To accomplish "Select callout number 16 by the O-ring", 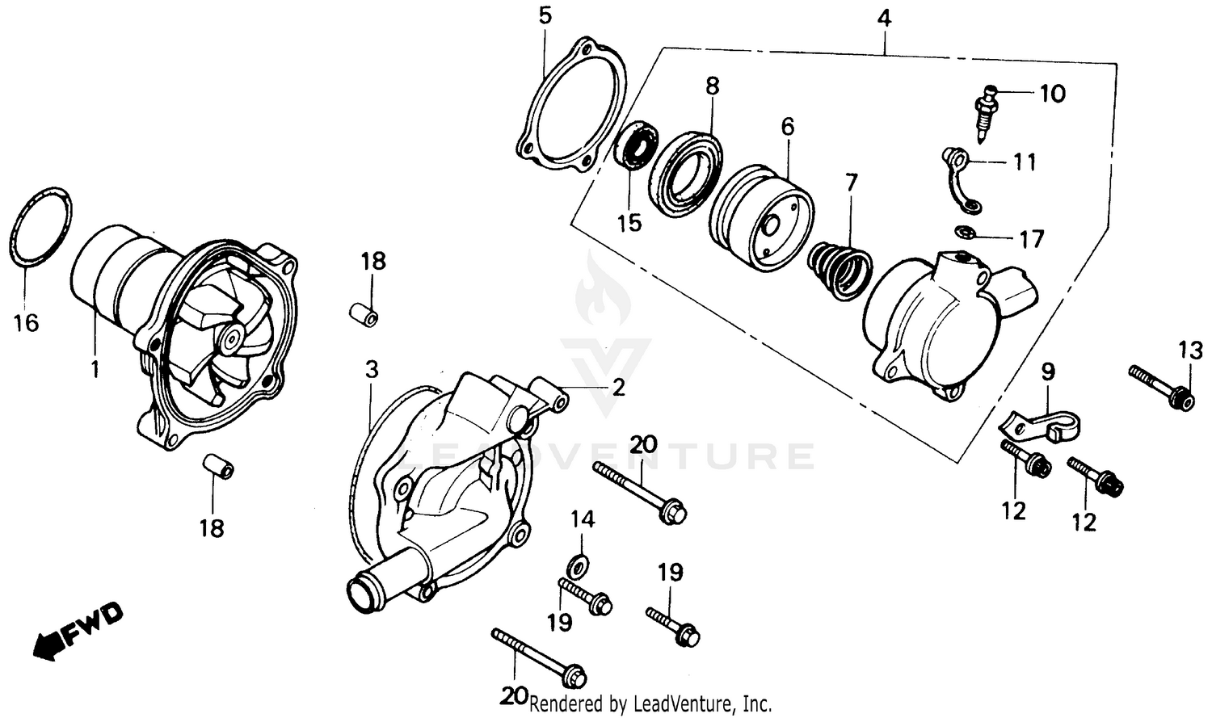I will (x=26, y=323).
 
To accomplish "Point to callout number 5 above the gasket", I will (x=545, y=16).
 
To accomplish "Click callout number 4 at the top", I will (x=885, y=17).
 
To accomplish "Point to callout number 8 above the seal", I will (x=712, y=86).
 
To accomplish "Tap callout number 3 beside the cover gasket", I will (x=371, y=370).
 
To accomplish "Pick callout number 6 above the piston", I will (x=787, y=126).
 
